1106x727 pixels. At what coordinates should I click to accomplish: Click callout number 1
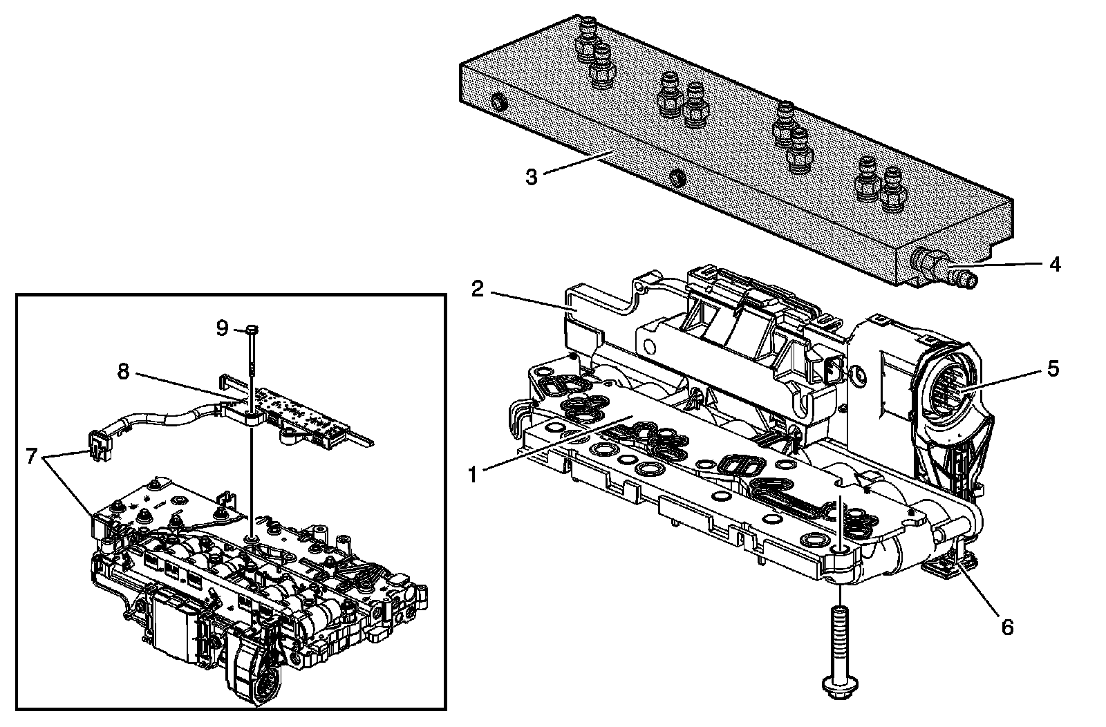coord(473,474)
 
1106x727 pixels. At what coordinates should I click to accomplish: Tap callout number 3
coord(531,177)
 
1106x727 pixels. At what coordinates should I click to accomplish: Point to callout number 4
coord(1053,264)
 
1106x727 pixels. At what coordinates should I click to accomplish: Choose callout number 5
coord(1053,368)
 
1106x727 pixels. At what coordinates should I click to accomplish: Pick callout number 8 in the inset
coord(123,372)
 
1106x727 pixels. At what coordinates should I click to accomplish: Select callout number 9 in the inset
coord(221,327)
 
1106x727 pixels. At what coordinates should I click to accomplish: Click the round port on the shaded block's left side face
coord(498,104)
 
